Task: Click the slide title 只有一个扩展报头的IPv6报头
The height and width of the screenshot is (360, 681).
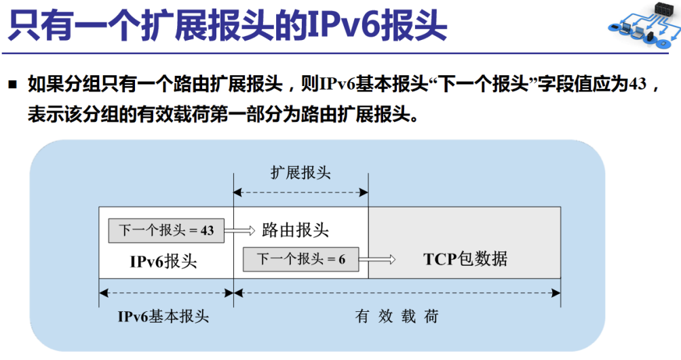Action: (x=228, y=26)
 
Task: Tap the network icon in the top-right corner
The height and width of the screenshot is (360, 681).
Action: (x=644, y=25)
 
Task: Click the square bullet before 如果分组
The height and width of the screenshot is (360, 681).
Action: (x=13, y=84)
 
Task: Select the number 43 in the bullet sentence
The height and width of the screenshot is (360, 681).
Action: (x=637, y=83)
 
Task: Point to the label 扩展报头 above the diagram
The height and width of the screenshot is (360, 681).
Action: (x=300, y=172)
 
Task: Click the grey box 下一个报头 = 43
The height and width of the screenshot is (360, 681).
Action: (x=166, y=230)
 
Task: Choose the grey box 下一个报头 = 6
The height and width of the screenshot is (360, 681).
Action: (x=301, y=259)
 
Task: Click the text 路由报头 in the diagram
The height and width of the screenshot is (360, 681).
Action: (x=295, y=230)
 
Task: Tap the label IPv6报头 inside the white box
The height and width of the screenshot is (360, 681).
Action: (x=163, y=262)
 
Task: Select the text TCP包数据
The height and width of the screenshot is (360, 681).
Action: (x=465, y=259)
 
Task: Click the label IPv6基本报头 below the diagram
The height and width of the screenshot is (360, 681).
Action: (x=163, y=316)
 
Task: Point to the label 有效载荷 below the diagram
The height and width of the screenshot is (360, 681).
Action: (x=397, y=316)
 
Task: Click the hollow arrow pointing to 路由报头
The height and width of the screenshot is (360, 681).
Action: (x=239, y=230)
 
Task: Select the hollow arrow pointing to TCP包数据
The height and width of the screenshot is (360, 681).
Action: (x=377, y=260)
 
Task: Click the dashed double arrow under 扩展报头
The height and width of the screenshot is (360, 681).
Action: (x=301, y=193)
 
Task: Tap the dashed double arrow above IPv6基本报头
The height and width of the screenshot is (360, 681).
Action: (x=166, y=293)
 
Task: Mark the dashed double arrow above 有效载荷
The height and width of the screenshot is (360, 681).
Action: (x=397, y=293)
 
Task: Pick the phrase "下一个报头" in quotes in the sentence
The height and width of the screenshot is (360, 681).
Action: (x=482, y=84)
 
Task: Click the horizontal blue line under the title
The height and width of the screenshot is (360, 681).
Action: (x=335, y=54)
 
